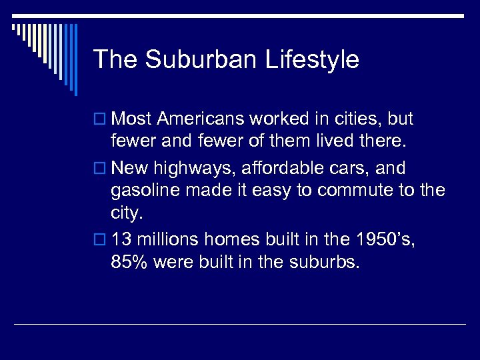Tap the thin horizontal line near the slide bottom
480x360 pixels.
point(240,325)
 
